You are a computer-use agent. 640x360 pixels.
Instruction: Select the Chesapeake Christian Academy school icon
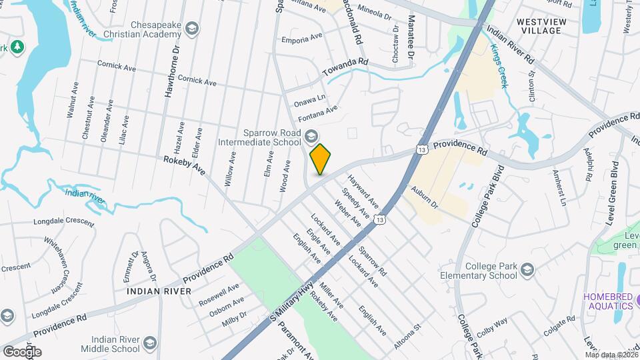(x=193, y=29)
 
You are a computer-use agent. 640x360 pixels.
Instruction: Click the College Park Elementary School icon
(x=527, y=270)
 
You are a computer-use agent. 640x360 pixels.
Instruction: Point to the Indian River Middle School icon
(x=150, y=344)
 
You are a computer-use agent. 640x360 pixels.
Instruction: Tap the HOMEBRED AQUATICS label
(x=607, y=301)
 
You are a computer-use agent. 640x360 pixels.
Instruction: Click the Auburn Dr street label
(x=424, y=197)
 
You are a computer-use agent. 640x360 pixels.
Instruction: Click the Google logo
(x=22, y=351)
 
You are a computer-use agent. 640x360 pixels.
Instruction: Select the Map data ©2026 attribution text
(x=611, y=355)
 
